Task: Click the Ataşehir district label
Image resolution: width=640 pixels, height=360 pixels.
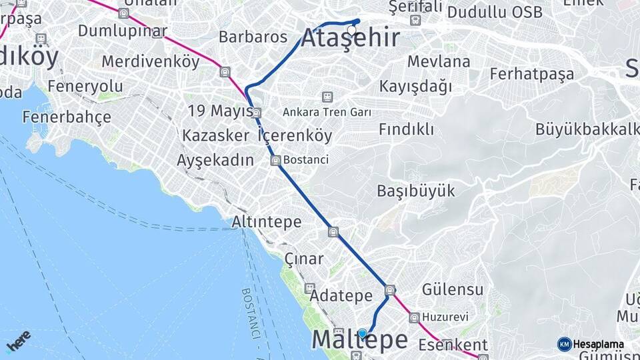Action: tap(351, 38)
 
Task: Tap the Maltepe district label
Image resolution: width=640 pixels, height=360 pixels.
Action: tap(360, 340)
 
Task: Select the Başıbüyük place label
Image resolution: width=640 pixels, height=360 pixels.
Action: tap(416, 191)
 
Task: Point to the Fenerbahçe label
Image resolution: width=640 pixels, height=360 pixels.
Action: tap(67, 117)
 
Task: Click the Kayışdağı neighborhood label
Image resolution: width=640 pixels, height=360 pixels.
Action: tap(416, 87)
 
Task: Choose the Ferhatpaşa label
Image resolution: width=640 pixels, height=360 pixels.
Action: tap(531, 74)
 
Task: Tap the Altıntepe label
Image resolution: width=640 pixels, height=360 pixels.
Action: tap(267, 221)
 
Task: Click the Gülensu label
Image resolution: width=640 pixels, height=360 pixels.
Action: tap(453, 289)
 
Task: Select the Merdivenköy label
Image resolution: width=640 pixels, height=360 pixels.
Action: tap(151, 62)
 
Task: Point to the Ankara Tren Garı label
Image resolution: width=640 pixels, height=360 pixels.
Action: tap(327, 112)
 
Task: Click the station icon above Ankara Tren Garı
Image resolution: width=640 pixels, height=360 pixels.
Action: tap(327, 97)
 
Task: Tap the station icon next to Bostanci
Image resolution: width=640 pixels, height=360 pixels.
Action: tap(275, 160)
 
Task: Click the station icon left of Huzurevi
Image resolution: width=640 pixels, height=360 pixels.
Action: tap(415, 318)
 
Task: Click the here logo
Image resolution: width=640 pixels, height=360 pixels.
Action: tap(18, 341)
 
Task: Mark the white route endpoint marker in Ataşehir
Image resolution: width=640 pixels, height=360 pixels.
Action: tap(351, 30)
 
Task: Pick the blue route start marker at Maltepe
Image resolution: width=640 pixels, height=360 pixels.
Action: tap(362, 333)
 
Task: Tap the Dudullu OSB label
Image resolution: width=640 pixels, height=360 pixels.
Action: tap(495, 13)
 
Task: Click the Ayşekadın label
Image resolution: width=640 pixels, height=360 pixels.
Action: tap(215, 160)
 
